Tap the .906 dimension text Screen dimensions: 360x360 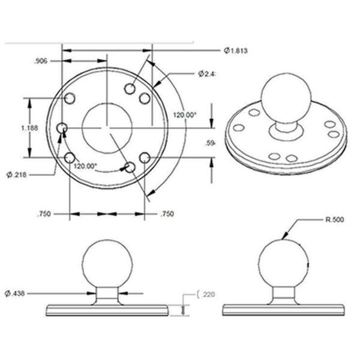click(41, 61)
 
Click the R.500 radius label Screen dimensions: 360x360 click(333, 220)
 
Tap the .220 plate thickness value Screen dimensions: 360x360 click(207, 294)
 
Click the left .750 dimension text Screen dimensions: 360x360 click(44, 214)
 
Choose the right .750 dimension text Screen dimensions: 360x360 click(167, 214)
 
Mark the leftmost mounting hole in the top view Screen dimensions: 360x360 click(61, 128)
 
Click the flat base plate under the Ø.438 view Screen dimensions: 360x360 click(107, 310)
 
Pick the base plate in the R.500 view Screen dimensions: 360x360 click(283, 310)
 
